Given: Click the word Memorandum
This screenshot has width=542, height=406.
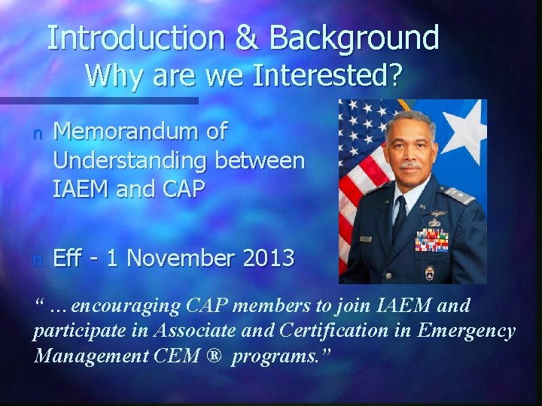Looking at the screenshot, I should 140,132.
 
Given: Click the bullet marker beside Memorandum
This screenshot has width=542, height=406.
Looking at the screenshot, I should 38,134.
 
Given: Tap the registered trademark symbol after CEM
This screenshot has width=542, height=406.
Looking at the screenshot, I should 215,355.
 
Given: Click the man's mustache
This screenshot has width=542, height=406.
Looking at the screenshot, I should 412,163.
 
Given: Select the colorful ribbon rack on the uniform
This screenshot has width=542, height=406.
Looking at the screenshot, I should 431,241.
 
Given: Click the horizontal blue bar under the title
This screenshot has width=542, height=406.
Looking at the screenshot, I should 98,100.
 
